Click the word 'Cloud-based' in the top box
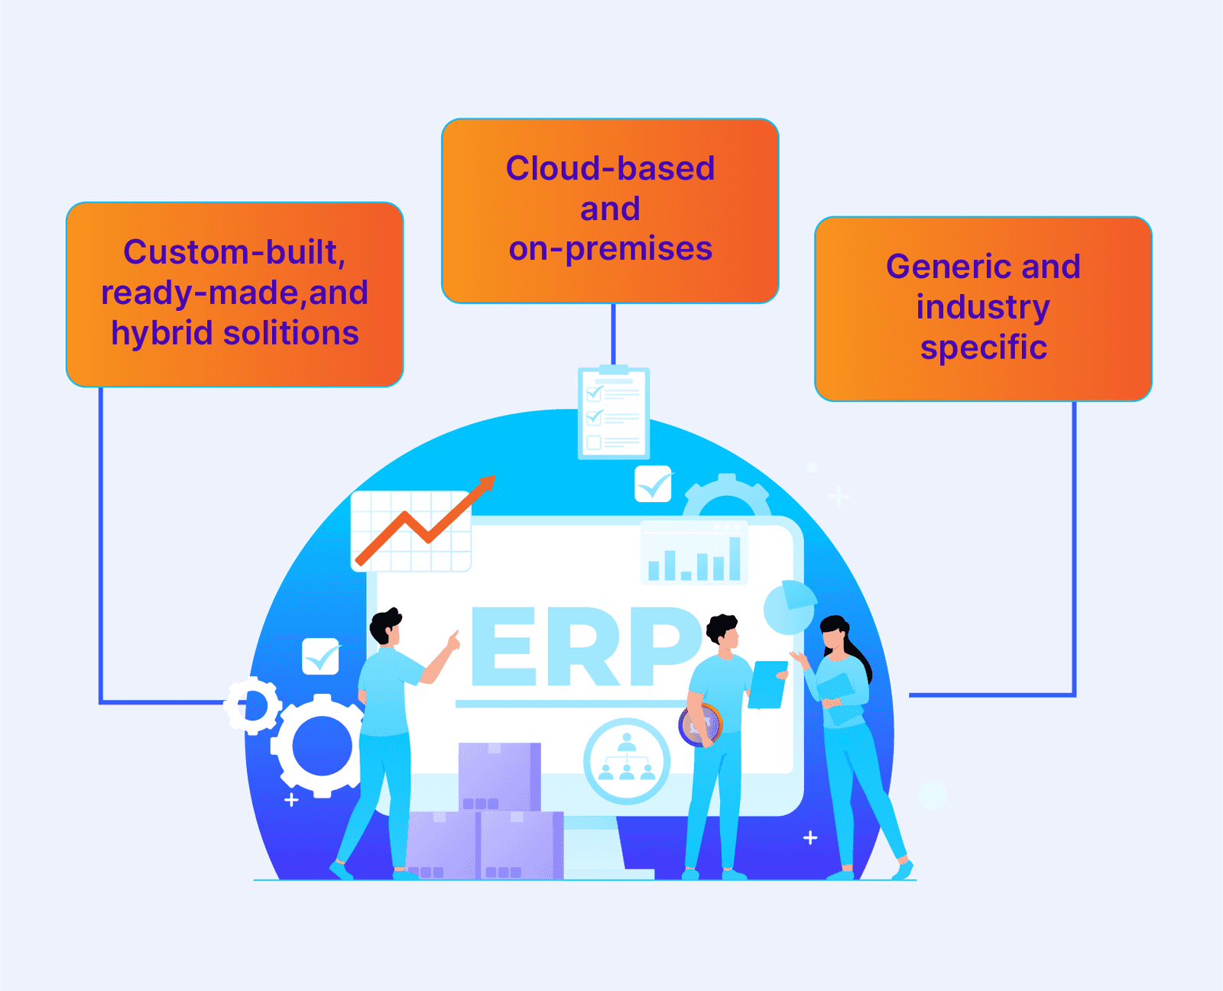[610, 169]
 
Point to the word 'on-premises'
[610, 249]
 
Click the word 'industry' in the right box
[983, 307]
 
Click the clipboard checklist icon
[613, 413]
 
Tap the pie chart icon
[790, 607]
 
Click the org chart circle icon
[627, 761]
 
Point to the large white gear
[322, 746]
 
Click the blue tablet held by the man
[767, 685]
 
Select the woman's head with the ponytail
[835, 634]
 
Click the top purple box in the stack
[499, 776]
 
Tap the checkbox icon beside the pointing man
[321, 656]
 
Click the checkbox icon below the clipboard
[653, 484]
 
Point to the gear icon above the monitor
[726, 496]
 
